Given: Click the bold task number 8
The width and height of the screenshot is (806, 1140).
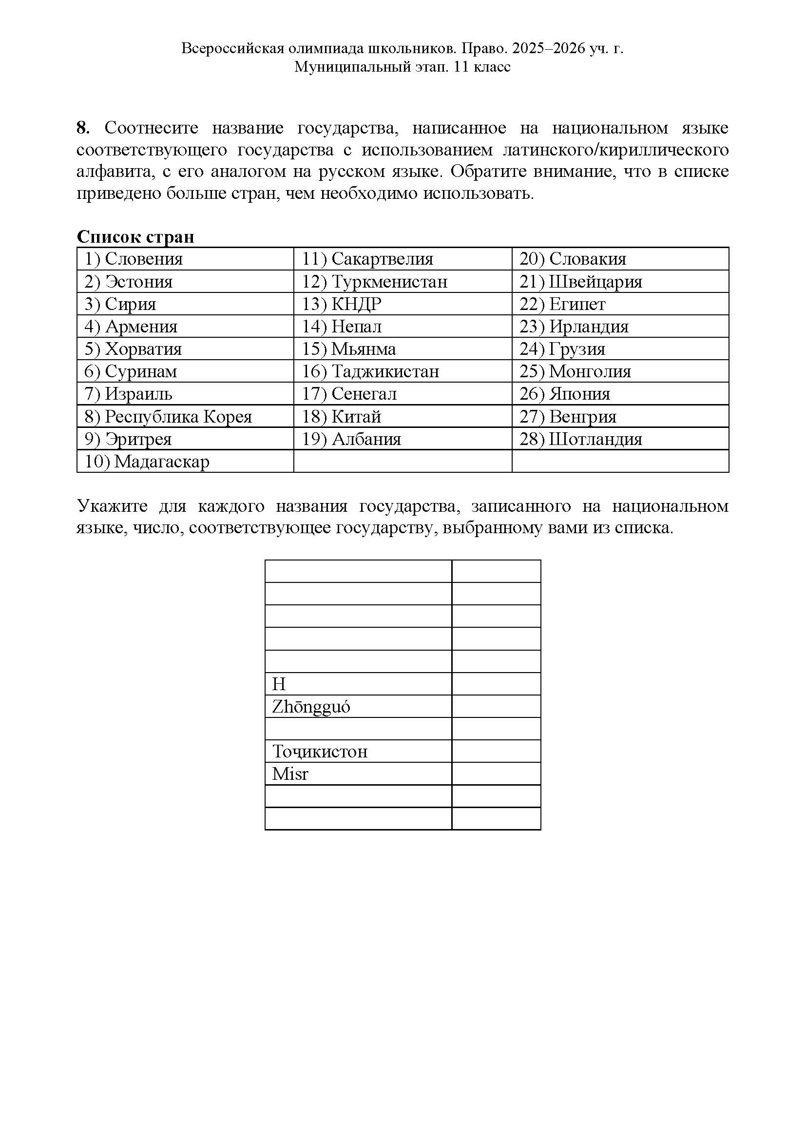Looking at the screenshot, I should pos(82,128).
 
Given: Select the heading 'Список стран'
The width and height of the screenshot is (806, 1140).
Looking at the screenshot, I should pos(135,237).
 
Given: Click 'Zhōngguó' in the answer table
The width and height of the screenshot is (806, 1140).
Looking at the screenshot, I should pos(311,707).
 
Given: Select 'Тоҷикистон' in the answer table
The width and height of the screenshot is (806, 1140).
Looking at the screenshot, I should pos(320,751).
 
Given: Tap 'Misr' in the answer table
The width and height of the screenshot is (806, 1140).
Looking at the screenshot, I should pos(290,773).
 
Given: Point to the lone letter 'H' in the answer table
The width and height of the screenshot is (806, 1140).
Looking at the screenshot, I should pos(279,684).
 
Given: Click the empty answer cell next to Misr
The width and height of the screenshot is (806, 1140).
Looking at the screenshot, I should pos(496,773).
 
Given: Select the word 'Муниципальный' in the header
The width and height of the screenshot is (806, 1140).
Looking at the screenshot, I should pos(350,67).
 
